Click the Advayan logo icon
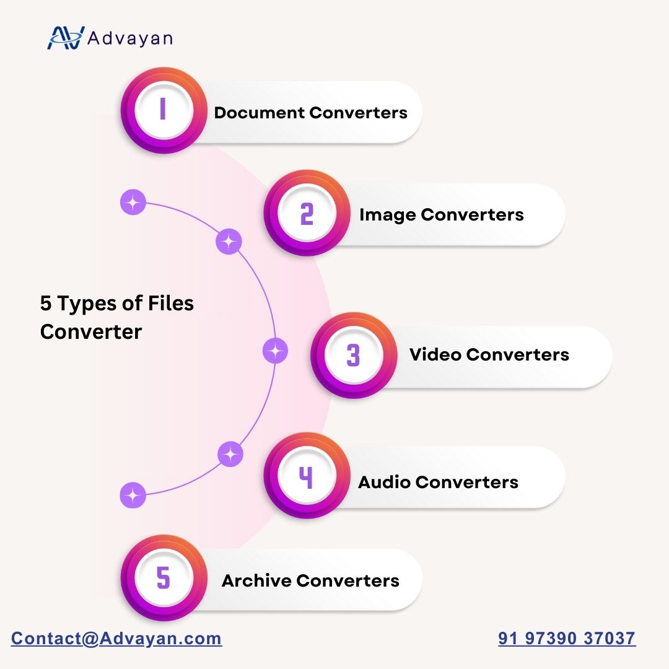66,38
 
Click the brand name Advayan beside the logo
130,38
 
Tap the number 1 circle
164,110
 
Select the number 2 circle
307,213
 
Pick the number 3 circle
354,356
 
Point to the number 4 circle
307,476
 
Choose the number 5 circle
164,578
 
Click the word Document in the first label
260,113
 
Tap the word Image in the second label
387,215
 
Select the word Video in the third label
435,354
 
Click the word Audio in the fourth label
384,482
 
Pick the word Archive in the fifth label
256,580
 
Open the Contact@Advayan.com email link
116,638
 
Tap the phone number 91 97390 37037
567,638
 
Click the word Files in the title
171,304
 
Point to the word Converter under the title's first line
91,331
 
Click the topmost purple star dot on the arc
133,202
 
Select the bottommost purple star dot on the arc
133,496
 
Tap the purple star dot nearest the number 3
275,351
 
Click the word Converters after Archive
348,580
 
